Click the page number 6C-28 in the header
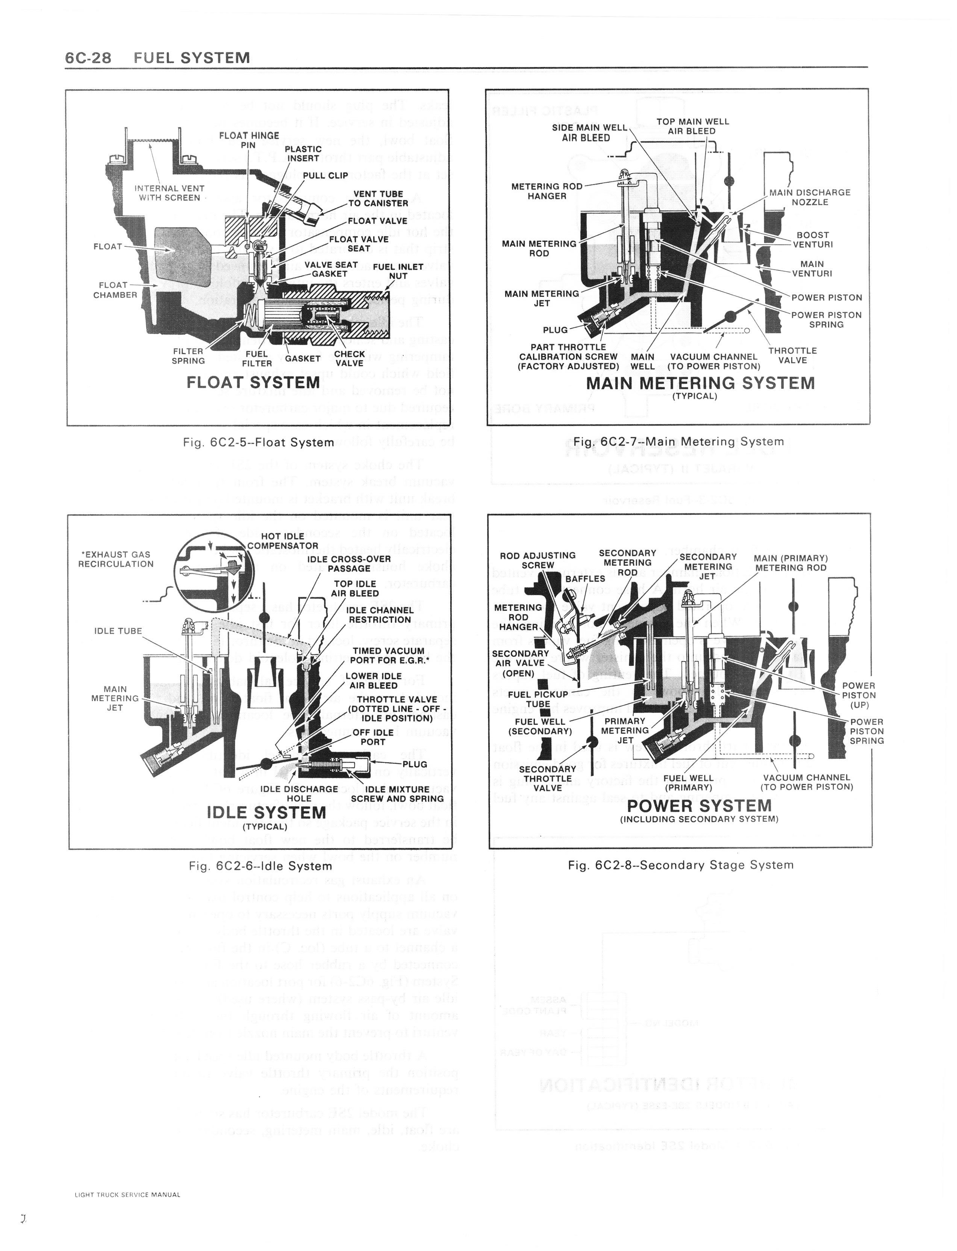(x=88, y=58)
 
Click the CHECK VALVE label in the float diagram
(x=349, y=358)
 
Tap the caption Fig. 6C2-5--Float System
(x=259, y=442)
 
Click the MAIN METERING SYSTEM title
(x=700, y=383)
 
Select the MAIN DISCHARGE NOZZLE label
(x=809, y=197)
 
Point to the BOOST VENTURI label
(x=813, y=239)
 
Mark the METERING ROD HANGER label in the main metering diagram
(x=546, y=191)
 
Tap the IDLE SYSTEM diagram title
(x=266, y=812)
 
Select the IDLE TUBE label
(x=118, y=631)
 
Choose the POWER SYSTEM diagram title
(x=699, y=806)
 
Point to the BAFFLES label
(x=585, y=578)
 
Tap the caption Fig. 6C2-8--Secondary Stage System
(x=680, y=865)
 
